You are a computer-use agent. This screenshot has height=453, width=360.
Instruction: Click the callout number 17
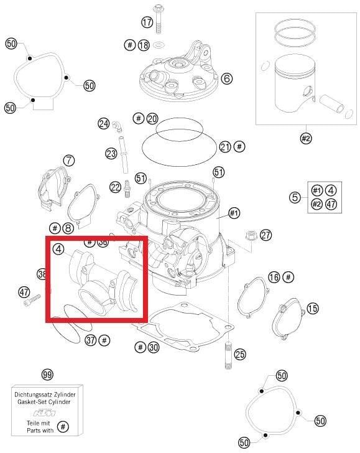[147, 22]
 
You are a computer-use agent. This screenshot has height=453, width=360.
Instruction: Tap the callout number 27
[265, 235]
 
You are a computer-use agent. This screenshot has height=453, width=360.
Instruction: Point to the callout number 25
[240, 355]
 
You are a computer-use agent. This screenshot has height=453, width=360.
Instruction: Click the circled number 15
[312, 308]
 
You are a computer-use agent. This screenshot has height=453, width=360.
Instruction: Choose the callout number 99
[47, 374]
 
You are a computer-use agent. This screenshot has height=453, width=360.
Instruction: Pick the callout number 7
[68, 161]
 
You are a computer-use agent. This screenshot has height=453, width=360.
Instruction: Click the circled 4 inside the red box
[58, 249]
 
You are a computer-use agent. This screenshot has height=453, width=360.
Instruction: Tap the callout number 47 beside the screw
[24, 292]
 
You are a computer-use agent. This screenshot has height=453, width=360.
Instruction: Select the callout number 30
[154, 347]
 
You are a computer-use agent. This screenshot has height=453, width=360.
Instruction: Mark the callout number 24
[103, 123]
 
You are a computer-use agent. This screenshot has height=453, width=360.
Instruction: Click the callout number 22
[115, 187]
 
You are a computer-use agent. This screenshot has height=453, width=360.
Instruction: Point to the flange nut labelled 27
[251, 235]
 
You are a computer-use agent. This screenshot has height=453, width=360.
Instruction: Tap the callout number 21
[225, 147]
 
